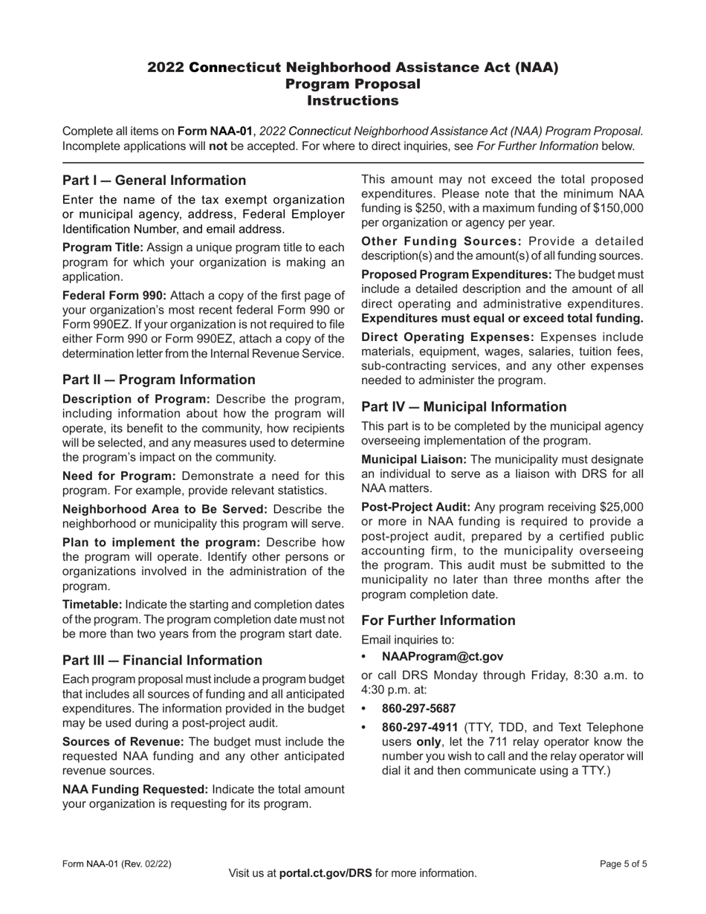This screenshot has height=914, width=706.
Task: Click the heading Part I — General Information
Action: tap(154, 181)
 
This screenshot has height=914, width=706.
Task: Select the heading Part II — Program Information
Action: tap(158, 380)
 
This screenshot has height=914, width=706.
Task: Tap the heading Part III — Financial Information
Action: tap(162, 660)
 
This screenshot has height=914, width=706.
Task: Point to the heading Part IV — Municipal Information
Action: tap(464, 406)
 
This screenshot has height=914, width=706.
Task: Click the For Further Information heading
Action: tap(438, 620)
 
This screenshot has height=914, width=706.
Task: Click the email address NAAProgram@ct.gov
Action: tap(442, 656)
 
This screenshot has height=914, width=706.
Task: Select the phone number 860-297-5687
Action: tap(419, 709)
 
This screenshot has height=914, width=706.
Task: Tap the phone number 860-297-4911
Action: tap(419, 727)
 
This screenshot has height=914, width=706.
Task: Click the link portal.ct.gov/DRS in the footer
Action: tap(326, 873)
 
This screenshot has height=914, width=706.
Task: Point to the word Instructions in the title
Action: tap(353, 100)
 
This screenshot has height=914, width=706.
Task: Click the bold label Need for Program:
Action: tap(119, 476)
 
